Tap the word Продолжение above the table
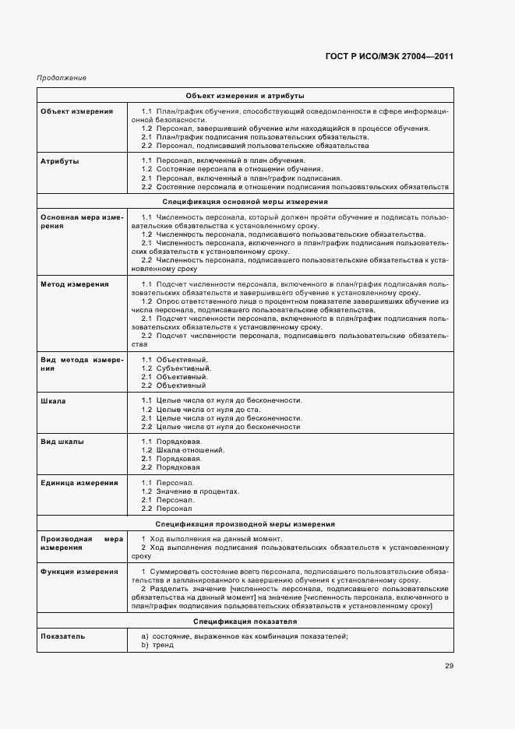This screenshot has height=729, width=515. (x=61, y=78)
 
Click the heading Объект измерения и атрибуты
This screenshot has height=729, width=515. (x=245, y=95)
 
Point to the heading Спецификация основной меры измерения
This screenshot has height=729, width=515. (x=245, y=201)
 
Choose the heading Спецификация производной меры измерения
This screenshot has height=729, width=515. (x=245, y=524)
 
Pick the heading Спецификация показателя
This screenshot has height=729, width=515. (x=245, y=622)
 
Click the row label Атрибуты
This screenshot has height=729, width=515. (x=60, y=161)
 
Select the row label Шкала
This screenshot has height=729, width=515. (x=53, y=400)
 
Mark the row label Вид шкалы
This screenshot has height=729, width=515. (x=62, y=442)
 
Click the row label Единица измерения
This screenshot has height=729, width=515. (x=79, y=483)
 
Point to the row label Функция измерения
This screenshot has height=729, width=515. (x=79, y=572)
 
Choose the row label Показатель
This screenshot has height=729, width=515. (x=63, y=636)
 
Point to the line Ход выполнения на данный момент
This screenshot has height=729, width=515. (x=212, y=539)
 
